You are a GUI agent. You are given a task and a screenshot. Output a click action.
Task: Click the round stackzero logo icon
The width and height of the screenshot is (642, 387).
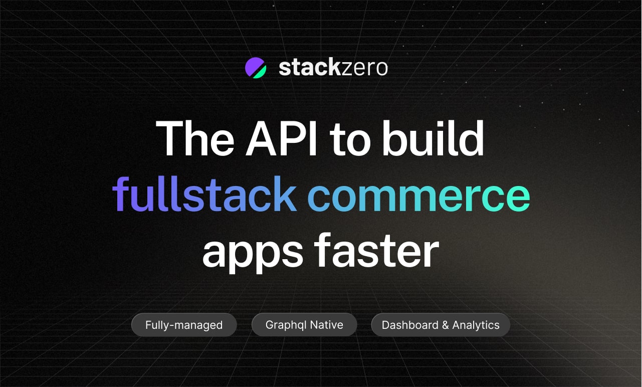(256, 68)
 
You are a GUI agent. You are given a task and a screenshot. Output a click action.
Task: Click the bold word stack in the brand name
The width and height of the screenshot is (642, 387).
(310, 68)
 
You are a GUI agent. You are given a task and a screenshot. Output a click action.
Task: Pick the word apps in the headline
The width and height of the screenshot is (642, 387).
(253, 252)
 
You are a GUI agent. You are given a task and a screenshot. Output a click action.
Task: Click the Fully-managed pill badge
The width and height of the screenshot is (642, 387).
(184, 325)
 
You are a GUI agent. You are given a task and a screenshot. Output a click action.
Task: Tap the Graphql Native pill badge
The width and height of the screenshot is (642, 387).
(304, 325)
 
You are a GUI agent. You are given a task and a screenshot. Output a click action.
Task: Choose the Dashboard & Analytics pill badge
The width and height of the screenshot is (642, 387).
(441, 325)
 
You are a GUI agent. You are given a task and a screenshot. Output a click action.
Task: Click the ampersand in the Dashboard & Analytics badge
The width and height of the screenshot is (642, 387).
(445, 325)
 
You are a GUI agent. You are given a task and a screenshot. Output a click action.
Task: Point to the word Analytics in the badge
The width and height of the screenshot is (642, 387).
(476, 325)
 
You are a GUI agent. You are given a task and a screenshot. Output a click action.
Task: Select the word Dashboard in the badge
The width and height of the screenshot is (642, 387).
(410, 325)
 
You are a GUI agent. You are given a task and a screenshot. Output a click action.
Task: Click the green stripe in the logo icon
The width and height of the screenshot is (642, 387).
(260, 72)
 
